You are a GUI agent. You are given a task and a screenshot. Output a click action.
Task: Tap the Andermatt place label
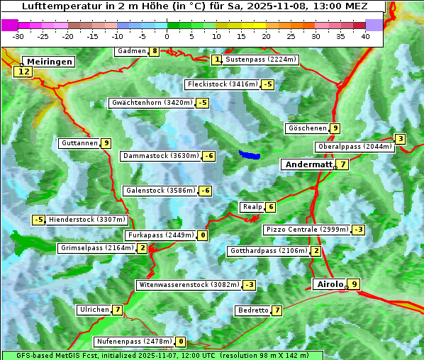(x=308, y=164)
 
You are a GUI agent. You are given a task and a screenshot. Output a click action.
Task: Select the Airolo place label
(x=329, y=284)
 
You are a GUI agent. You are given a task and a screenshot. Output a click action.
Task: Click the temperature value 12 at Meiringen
(x=24, y=72)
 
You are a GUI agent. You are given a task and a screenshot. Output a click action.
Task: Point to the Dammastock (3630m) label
(x=160, y=156)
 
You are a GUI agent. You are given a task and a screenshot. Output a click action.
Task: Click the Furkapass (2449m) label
(x=160, y=235)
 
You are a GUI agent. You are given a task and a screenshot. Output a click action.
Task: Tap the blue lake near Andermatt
(x=249, y=154)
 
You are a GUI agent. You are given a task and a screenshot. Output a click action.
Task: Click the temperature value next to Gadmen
(x=155, y=51)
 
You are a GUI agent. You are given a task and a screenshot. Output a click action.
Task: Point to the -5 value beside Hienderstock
(x=38, y=220)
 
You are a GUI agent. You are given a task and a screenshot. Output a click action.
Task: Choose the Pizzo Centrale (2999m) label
(x=307, y=230)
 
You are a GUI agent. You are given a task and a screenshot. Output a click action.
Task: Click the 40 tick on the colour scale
(x=365, y=36)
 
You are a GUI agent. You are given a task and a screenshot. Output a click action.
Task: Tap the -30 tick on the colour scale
(x=18, y=36)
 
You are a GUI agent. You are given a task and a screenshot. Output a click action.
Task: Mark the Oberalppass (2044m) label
(x=355, y=147)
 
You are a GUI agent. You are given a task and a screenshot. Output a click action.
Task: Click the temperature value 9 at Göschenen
(x=335, y=128)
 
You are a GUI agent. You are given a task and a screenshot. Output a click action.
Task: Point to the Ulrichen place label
(x=94, y=310)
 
